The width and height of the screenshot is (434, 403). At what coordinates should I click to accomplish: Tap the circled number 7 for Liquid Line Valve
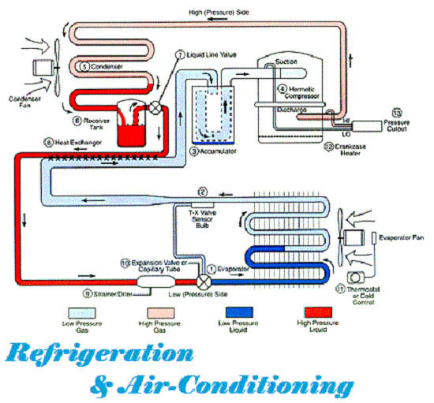coord(180,55)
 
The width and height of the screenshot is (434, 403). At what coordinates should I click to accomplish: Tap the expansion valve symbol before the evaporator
coord(204,279)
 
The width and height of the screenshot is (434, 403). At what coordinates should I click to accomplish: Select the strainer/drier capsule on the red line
coord(151,280)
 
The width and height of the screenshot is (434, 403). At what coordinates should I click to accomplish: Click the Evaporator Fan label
coord(402,237)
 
